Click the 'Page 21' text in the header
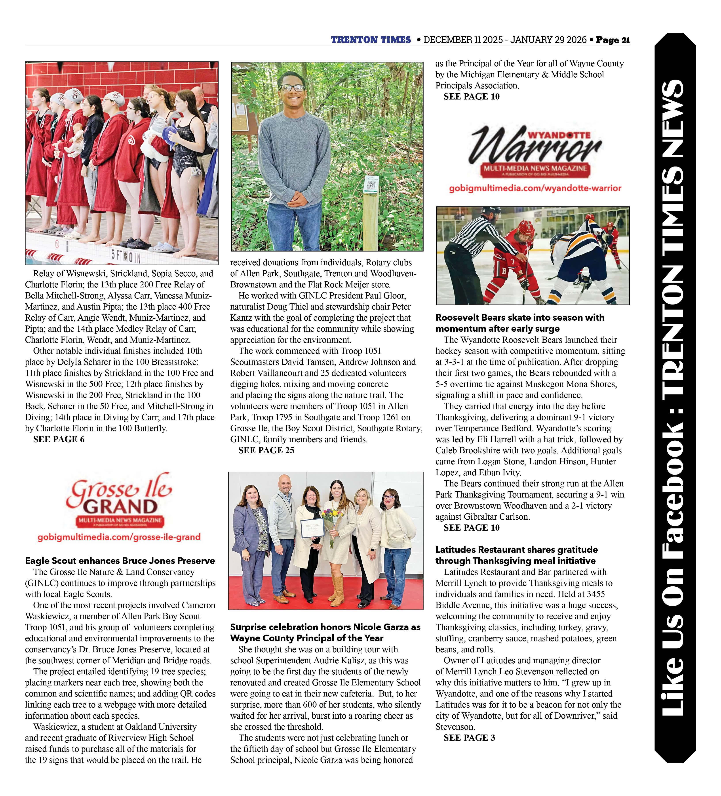(613, 40)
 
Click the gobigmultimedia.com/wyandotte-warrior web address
(535, 188)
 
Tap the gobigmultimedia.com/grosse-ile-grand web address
(119, 537)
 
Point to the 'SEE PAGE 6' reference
(59, 440)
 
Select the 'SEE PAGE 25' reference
(266, 451)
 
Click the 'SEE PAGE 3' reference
(469, 738)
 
